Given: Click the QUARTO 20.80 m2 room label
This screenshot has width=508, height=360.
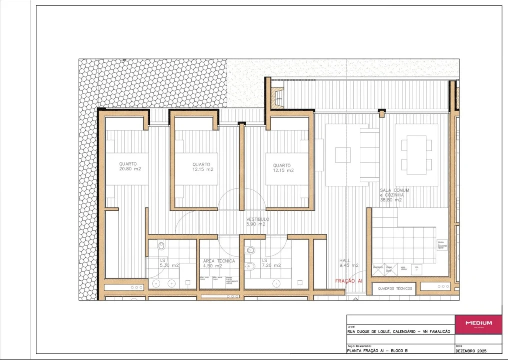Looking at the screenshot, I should (129, 167).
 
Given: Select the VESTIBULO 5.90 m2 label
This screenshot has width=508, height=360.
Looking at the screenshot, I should (258, 222).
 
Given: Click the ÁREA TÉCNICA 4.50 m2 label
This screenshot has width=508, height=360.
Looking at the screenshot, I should (219, 263).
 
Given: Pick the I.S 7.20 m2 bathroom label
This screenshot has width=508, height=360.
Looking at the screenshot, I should (270, 263).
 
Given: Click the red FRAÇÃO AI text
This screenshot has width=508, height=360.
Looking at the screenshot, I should (348, 281).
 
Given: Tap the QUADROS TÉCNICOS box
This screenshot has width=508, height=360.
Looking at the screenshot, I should (395, 289).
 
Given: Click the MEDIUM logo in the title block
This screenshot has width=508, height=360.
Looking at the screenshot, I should (478, 323).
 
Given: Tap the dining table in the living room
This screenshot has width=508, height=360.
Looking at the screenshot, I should (416, 155).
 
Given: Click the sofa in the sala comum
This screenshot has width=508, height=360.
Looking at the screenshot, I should (370, 155).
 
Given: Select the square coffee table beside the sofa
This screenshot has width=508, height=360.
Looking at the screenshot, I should (342, 155).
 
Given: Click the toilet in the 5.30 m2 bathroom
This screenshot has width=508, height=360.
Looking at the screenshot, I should (161, 247).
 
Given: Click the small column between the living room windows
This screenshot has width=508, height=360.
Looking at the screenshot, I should (382, 113).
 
